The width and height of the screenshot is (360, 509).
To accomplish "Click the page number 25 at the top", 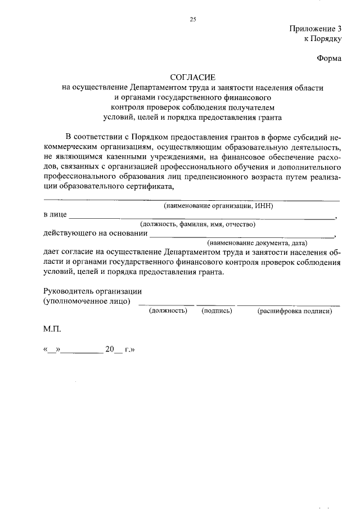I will pyautogui.click(x=192, y=20).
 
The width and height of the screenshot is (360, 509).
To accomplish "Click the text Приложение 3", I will pyautogui.click(x=315, y=29).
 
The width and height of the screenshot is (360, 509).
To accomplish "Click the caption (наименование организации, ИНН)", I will pyautogui.click(x=218, y=206).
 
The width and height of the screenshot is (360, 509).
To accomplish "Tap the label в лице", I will pyautogui.click(x=55, y=215).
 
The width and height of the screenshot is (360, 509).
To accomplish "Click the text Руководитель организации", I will pyautogui.click(x=92, y=291).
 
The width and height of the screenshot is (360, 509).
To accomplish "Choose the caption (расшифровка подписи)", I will pyautogui.click(x=294, y=310).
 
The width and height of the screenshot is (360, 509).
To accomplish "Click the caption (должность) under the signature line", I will pyautogui.click(x=168, y=310).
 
